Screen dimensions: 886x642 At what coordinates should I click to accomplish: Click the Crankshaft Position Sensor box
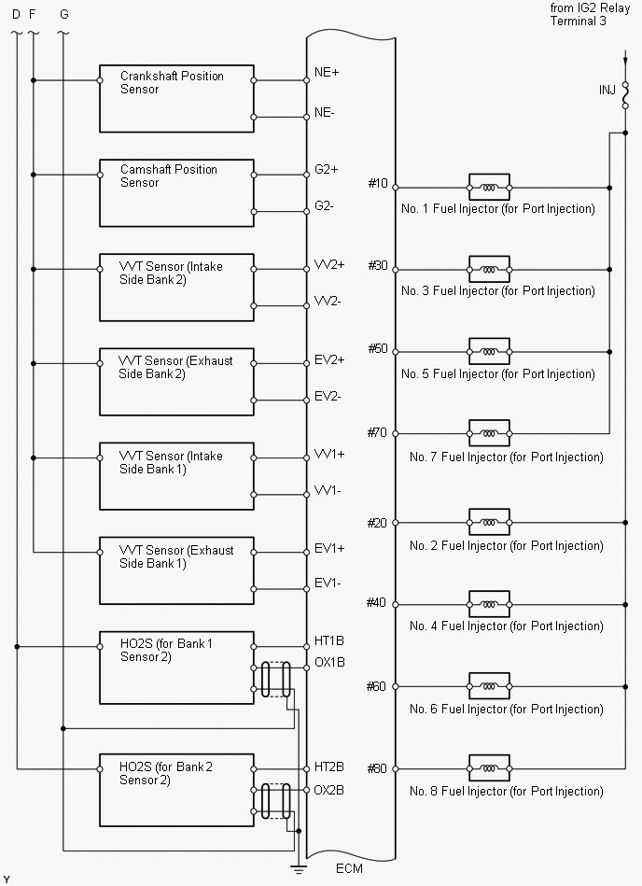(176, 98)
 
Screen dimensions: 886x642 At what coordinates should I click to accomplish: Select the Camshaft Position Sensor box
(176, 192)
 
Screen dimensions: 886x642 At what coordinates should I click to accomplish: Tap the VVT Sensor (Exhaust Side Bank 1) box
(176, 570)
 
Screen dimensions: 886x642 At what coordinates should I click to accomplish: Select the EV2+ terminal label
(329, 359)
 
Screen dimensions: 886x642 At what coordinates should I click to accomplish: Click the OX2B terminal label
(329, 790)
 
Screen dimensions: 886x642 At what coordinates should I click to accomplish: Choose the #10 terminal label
(377, 184)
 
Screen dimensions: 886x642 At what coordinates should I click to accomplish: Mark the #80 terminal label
(377, 768)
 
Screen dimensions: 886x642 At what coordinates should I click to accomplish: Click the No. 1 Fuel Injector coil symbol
(488, 187)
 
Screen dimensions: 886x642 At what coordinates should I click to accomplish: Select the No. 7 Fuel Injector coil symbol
(488, 433)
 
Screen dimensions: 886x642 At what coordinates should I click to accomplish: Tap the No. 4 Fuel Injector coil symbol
(488, 604)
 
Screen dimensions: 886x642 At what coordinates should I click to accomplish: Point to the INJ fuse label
(607, 91)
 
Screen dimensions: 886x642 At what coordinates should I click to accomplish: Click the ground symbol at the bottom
(299, 870)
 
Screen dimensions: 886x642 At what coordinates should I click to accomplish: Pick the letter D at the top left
(15, 14)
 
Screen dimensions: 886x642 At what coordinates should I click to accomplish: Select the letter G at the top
(63, 14)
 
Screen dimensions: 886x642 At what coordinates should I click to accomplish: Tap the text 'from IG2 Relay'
(591, 7)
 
